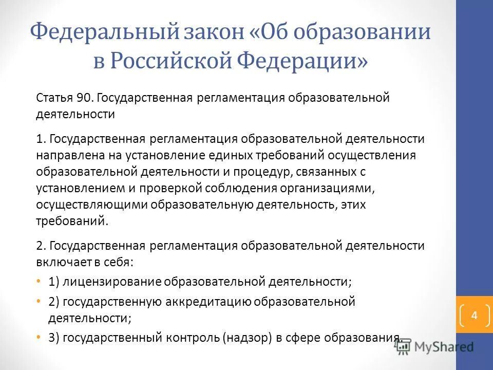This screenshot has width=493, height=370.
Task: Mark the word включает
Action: tap(58, 262)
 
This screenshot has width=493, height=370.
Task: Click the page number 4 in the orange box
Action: tap(474, 315)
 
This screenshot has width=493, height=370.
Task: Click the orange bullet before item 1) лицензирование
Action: tap(40, 282)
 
